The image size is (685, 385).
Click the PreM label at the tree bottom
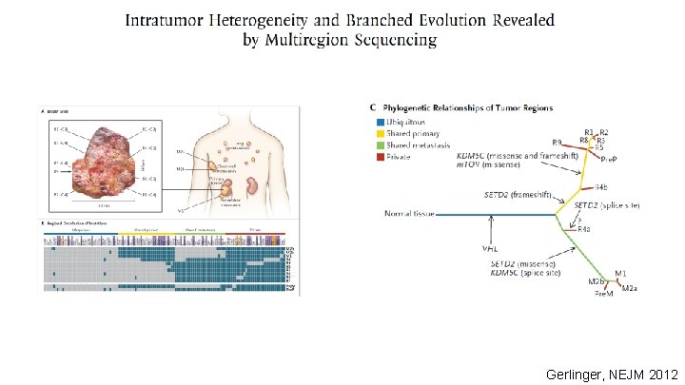click(604, 295)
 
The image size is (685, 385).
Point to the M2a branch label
click(630, 287)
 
